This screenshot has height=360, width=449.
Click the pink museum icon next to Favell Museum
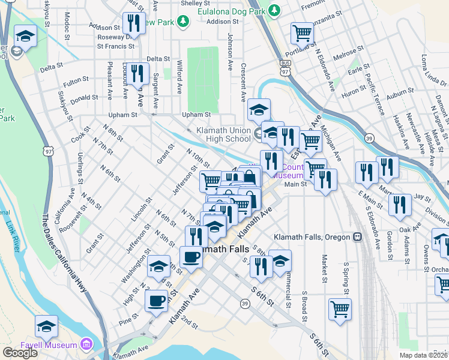click(x=87, y=344)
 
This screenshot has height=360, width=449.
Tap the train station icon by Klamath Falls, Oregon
click(x=358, y=236)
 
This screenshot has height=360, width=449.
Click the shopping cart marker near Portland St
click(x=302, y=33)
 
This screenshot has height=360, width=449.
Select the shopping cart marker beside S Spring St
click(x=340, y=309)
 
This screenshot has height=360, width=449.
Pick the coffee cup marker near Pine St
click(x=157, y=299)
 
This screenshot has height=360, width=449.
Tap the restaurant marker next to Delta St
click(x=139, y=73)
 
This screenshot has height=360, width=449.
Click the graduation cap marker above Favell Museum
click(x=46, y=326)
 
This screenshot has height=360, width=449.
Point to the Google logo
click(x=20, y=353)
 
